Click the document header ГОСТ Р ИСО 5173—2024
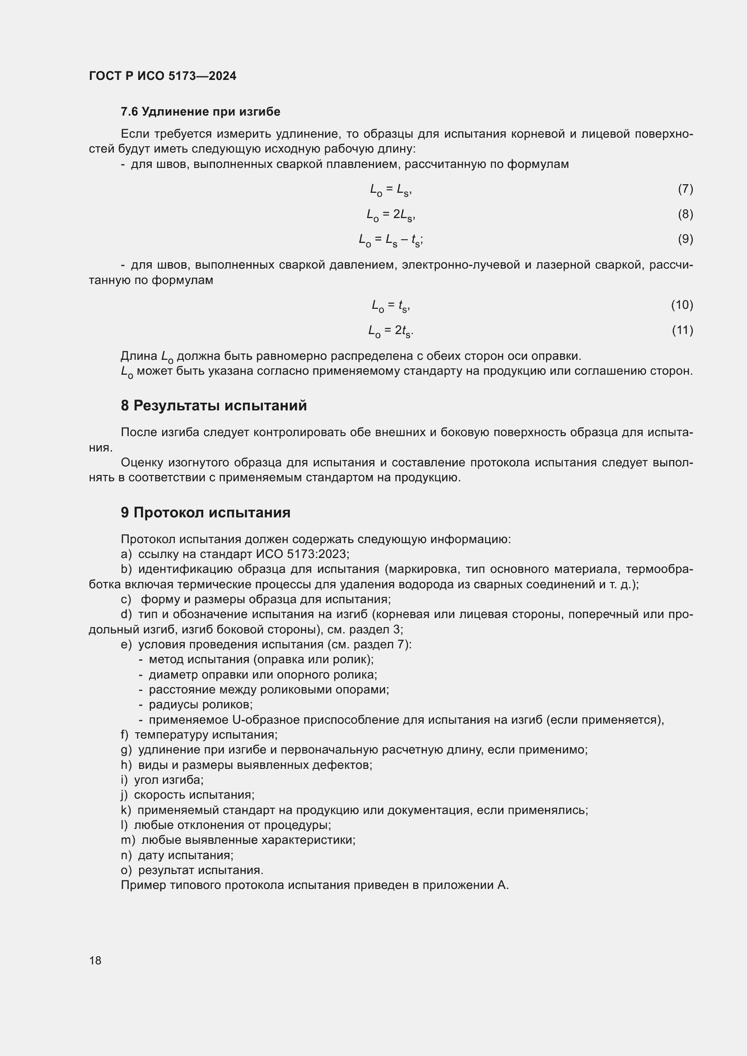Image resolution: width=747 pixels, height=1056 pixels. tap(163, 76)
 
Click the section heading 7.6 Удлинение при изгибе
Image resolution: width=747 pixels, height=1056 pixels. tap(200, 112)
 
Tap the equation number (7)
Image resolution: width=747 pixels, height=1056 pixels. tap(686, 189)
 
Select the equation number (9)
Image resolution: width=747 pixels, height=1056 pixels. tap(686, 239)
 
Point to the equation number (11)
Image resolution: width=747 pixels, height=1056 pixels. tap(682, 330)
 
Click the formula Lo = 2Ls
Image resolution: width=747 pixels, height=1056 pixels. tap(391, 215)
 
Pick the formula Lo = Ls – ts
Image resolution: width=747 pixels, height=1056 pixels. tap(391, 240)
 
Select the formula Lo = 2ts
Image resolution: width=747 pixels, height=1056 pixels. tap(391, 330)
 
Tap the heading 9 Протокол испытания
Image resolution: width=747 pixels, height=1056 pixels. tap(205, 512)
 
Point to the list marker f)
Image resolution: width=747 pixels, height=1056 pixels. tap(125, 735)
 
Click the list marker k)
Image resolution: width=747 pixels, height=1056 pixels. tap(126, 810)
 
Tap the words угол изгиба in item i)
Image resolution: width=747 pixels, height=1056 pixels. tap(168, 780)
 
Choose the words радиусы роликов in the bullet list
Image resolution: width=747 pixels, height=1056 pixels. tap(201, 705)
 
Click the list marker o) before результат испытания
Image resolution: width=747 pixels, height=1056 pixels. tap(126, 870)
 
